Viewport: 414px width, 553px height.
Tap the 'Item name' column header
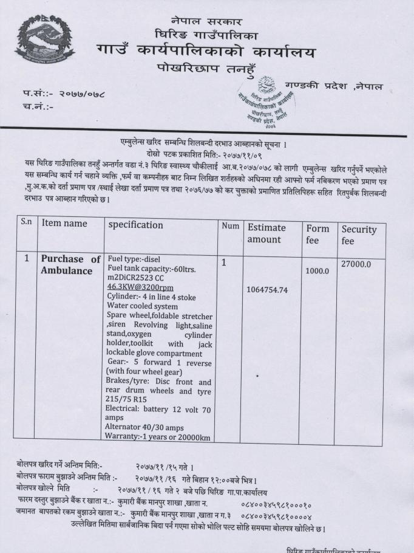click(x=64, y=224)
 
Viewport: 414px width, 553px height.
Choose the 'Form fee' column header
click(x=317, y=235)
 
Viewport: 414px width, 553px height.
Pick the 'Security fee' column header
click(x=359, y=236)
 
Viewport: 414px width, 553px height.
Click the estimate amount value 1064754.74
click(x=271, y=290)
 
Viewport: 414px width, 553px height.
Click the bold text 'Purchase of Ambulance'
click(x=70, y=265)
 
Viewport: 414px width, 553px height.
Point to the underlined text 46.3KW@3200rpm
click(x=140, y=287)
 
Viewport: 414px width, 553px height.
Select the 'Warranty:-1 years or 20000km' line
click(x=158, y=434)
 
